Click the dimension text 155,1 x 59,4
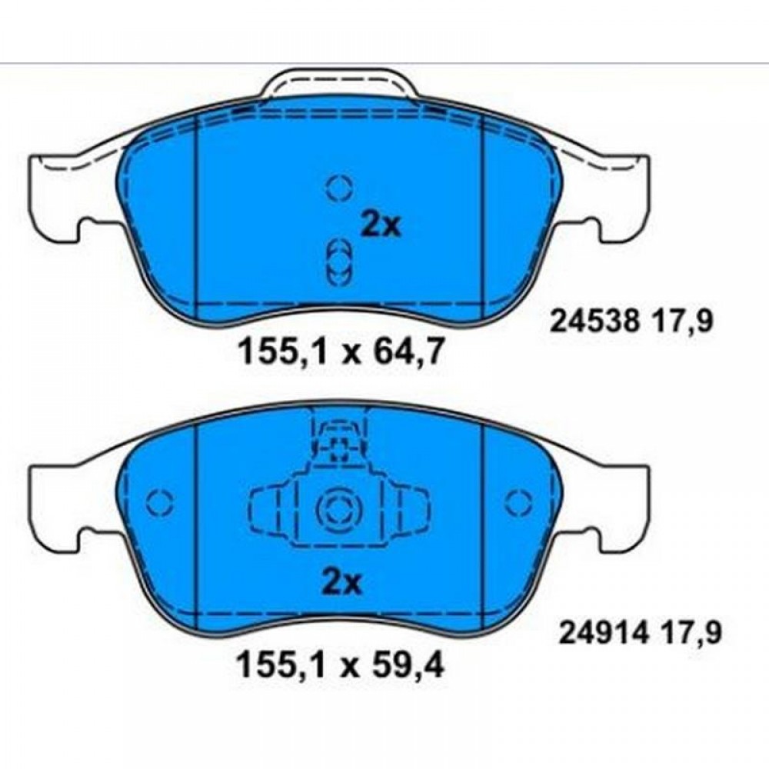(x=341, y=665)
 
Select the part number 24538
(x=595, y=323)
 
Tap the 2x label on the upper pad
(x=381, y=225)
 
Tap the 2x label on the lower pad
(x=342, y=583)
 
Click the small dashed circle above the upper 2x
(x=340, y=188)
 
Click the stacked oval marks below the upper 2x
(x=340, y=262)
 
